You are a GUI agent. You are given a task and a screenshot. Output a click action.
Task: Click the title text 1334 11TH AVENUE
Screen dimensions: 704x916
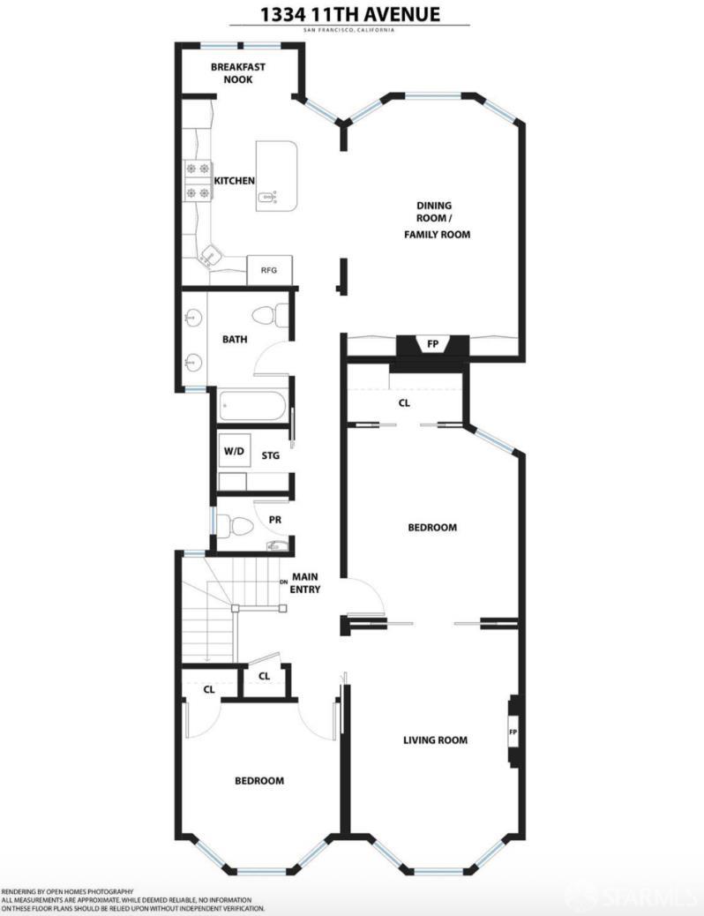point(350,13)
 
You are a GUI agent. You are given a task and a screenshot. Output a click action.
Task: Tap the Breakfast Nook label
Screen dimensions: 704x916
point(238,73)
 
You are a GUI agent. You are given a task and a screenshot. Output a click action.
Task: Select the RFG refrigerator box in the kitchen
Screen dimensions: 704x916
point(269,270)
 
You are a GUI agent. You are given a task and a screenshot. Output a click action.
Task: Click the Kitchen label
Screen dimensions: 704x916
point(235,181)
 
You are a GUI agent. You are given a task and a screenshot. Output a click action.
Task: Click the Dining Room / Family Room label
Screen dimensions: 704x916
point(437,220)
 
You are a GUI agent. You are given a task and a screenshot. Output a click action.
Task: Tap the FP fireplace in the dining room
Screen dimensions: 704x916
point(432,345)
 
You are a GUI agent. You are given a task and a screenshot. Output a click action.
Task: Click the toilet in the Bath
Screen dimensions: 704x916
point(270,316)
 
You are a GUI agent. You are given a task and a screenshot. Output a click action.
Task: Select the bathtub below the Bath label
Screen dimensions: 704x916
point(252,405)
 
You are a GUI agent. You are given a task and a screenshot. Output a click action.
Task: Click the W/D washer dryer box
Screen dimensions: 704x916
point(235,451)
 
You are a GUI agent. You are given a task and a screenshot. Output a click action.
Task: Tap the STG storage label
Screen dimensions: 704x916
point(271,455)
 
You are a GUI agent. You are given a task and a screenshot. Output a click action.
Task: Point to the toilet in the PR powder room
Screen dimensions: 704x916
point(236,525)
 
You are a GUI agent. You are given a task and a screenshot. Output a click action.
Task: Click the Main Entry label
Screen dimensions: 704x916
point(305,583)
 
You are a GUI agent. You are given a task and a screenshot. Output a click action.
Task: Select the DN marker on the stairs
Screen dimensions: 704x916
point(284,582)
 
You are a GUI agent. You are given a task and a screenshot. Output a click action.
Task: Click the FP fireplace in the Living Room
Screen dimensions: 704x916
point(513,732)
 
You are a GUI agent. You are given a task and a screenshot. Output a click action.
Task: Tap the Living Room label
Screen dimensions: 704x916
point(435,740)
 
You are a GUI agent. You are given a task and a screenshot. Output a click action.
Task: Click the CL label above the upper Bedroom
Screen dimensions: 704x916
point(404,403)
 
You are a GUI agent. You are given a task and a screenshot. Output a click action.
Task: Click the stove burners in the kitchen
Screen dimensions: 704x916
point(198,181)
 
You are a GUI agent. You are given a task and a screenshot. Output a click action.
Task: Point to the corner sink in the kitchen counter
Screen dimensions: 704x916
point(210,256)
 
